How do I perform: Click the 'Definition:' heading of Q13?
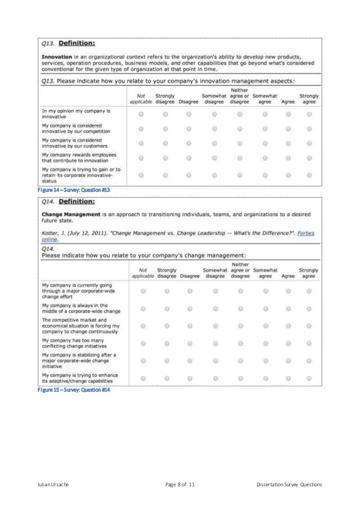[77, 43]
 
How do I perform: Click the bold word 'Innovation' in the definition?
[55, 56]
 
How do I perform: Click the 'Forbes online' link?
[308, 233]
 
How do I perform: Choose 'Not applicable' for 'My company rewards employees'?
[141, 158]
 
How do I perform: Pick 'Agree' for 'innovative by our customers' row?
[288, 143]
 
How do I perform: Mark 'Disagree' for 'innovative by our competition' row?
[189, 128]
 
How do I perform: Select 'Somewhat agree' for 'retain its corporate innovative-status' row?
[264, 174]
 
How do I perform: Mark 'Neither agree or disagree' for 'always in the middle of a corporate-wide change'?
[240, 308]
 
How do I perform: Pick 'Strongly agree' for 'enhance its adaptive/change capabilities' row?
[309, 378]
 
